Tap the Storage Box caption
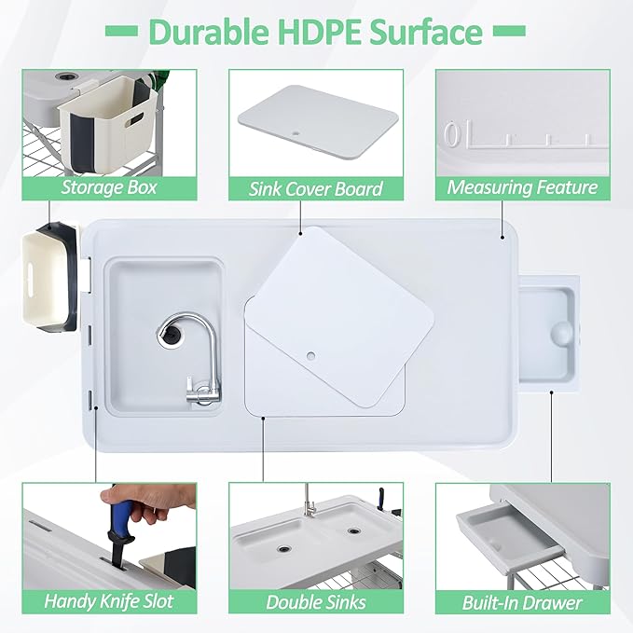pos(109,187)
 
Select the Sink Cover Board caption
pos(315,188)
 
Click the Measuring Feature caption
pos(522,187)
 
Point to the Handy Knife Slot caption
pos(109,601)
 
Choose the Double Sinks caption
pos(315,601)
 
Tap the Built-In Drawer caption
pos(522,601)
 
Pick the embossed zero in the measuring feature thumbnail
pos(452,136)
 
